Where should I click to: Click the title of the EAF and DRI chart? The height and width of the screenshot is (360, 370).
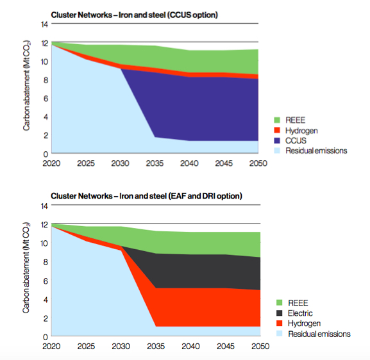146,195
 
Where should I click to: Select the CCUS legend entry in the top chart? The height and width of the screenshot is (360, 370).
299,140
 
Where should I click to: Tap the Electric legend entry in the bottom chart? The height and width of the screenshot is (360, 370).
302,313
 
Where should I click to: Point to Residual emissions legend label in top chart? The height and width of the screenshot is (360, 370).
316,151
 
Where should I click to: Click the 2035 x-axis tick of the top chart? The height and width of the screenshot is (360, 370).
154,163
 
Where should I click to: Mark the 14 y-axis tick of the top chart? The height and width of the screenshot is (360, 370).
44,24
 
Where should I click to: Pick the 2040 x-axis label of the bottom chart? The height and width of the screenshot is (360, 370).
189,347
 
